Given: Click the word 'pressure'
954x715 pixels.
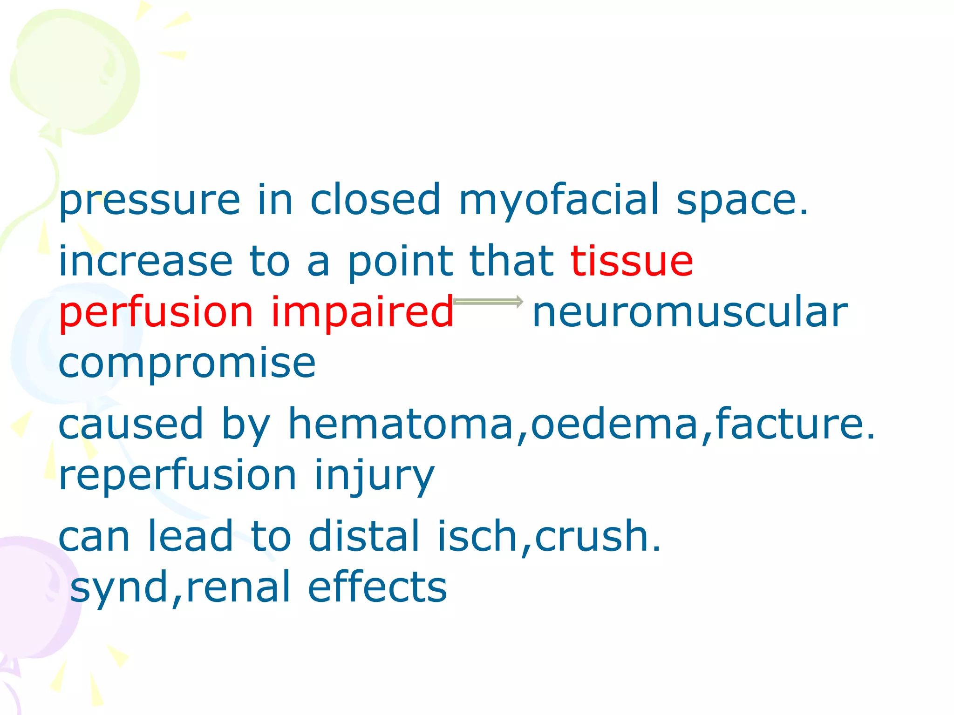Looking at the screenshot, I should (x=149, y=200).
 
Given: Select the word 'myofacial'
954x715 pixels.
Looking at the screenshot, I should (x=559, y=200).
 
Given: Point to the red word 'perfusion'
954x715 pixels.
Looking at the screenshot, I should (x=156, y=312).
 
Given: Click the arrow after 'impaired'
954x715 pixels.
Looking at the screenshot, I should (x=488, y=302).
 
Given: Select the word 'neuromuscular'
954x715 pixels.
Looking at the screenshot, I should (x=690, y=312).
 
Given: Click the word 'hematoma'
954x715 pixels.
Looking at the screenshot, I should (x=401, y=424).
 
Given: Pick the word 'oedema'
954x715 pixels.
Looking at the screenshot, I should (x=614, y=424).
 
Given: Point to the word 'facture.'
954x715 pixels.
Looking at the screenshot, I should (x=795, y=424).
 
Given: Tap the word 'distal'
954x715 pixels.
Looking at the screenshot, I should (x=364, y=536).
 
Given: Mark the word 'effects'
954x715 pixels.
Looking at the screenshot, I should (x=377, y=587).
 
